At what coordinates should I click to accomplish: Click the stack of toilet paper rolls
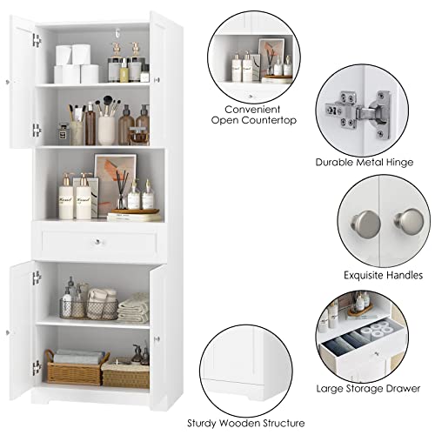74,65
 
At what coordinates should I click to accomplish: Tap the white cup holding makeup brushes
106,129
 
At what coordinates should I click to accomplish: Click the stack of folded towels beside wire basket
133,309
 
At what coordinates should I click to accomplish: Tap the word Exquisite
335,274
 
